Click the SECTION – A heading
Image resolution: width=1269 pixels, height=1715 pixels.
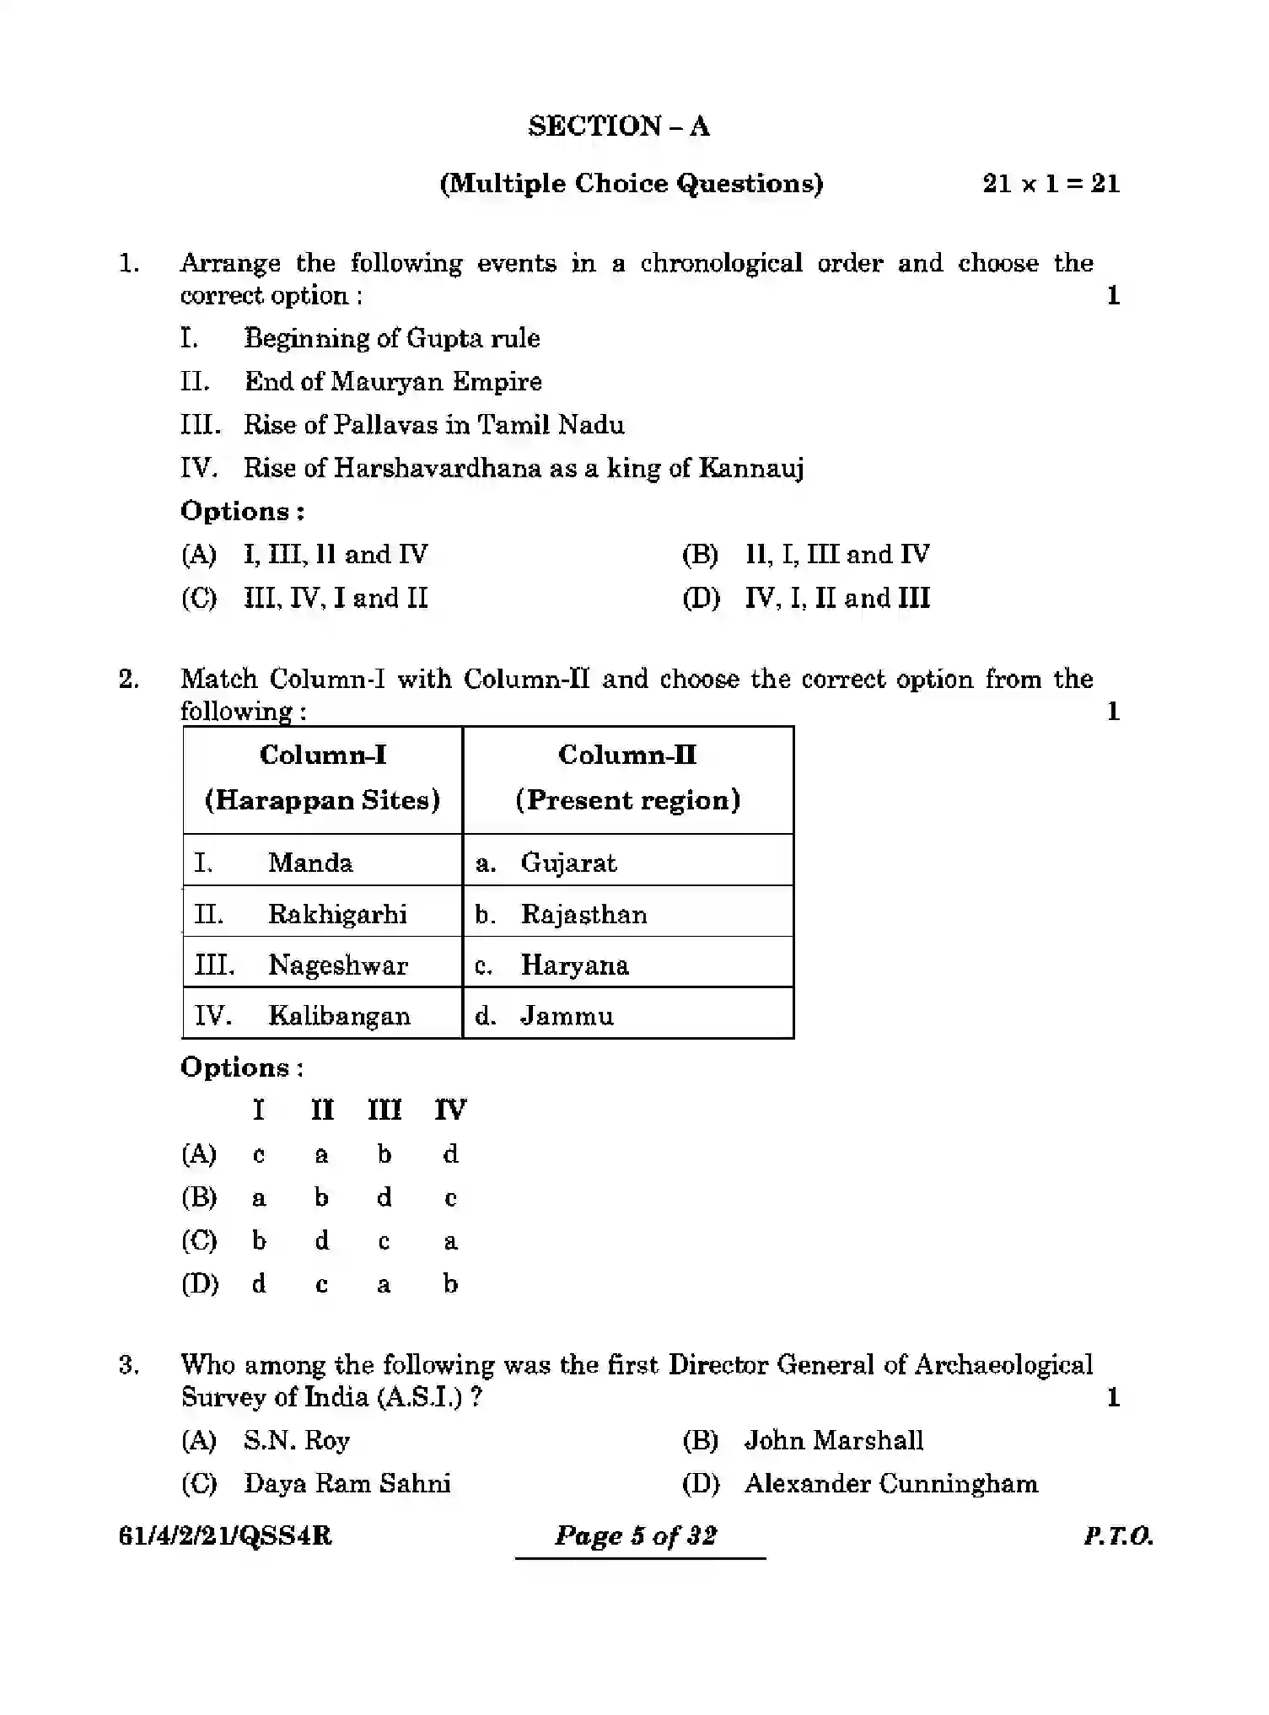[x=619, y=126]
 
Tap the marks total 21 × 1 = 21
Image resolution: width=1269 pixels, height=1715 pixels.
[x=1051, y=184]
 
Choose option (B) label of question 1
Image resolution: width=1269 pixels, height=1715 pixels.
[x=700, y=555]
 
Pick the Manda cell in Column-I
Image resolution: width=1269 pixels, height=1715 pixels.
[x=310, y=863]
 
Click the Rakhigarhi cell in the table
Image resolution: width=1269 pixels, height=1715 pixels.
[x=337, y=914]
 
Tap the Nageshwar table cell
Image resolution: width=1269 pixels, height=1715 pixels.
[x=337, y=965]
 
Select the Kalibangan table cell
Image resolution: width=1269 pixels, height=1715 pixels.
[x=339, y=1016]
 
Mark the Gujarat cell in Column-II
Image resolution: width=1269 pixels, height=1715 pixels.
[x=568, y=863]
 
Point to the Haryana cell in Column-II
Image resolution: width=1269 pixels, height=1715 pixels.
[x=574, y=965]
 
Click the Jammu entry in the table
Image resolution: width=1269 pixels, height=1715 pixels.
[x=567, y=1016]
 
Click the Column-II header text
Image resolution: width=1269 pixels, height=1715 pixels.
[x=627, y=755]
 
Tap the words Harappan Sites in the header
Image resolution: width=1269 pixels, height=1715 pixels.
[x=322, y=800]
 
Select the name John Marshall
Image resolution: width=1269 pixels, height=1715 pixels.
[x=833, y=1440]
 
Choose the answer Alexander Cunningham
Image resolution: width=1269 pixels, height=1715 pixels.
[x=890, y=1483]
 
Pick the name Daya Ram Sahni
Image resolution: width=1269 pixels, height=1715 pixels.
[x=347, y=1483]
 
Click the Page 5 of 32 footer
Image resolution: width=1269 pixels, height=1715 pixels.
[x=636, y=1535]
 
